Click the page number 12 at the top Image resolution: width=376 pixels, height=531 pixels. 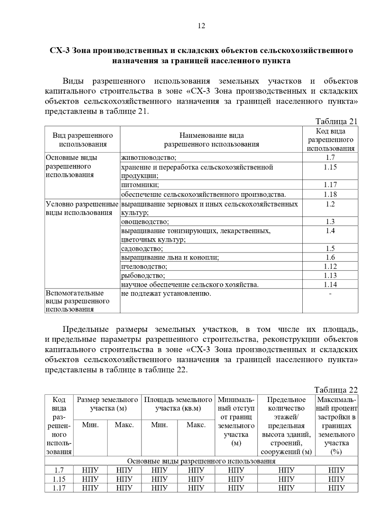pos(201,26)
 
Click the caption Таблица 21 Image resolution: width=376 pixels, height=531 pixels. pos(336,121)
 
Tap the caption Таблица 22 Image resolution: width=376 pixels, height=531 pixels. pos(336,390)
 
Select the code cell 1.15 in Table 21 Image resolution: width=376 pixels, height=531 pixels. pos(330,167)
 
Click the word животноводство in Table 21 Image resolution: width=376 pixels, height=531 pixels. pos(149,157)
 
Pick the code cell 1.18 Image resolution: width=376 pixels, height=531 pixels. pos(330,194)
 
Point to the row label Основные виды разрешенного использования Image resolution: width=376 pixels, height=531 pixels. pos(71,166)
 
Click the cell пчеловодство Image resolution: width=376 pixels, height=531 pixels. pos(144,266)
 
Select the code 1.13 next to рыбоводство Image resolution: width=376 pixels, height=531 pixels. pos(330,276)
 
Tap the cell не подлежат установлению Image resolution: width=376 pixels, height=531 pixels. pos(166,294)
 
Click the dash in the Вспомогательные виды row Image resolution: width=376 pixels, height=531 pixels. pos(330,294)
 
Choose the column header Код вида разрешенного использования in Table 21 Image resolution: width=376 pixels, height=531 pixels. pos(330,140)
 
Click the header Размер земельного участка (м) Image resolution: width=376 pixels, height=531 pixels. pos(107,404)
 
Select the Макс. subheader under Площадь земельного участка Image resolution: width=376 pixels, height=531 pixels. pos(196,425)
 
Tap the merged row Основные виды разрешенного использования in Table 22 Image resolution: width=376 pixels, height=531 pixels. pos(201,461)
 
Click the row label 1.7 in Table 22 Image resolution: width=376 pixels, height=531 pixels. pos(59,470)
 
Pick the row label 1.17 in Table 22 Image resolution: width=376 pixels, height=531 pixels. pos(59,488)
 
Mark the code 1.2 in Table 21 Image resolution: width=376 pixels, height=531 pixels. pos(330,204)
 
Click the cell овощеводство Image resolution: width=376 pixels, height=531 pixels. pos(145,222)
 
